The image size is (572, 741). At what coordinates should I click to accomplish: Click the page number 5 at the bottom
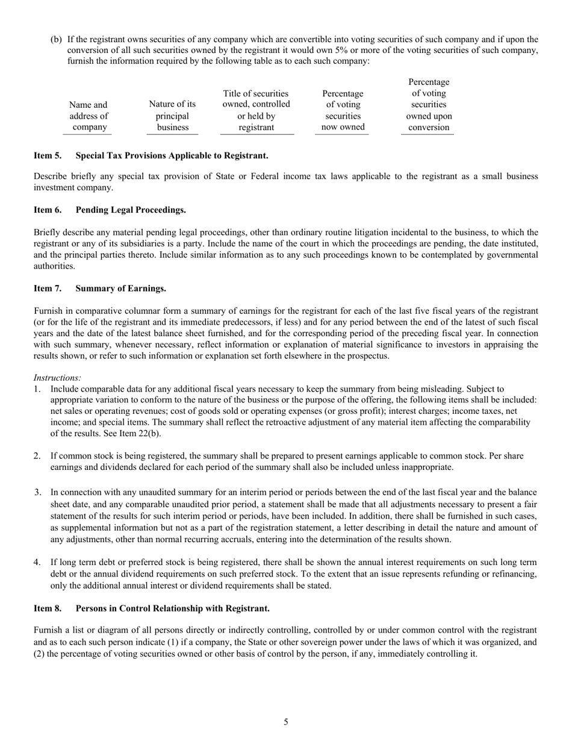point(286,722)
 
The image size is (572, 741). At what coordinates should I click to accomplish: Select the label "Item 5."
point(48,155)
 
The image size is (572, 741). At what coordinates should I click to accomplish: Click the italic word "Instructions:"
point(57,378)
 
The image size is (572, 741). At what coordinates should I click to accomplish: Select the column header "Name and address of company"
point(89,116)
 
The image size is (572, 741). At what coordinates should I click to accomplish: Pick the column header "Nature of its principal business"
point(172,116)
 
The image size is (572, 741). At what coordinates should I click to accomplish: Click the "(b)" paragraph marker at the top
point(56,39)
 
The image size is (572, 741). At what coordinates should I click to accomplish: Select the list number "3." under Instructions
point(37,492)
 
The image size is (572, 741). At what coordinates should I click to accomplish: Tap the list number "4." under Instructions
point(37,562)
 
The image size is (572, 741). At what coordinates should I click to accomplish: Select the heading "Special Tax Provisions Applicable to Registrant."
point(172,155)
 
